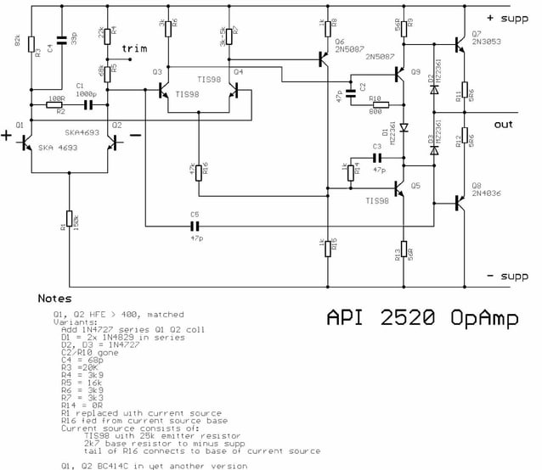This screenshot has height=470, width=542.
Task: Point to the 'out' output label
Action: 503,124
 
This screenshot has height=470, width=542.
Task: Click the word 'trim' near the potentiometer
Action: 134,48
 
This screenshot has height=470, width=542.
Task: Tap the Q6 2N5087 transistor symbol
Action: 324,59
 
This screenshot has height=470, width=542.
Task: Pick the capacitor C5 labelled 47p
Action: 195,227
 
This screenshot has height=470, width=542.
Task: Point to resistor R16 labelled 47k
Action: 198,172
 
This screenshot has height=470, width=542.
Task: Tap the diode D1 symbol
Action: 404,129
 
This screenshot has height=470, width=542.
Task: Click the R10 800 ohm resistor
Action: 375,105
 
